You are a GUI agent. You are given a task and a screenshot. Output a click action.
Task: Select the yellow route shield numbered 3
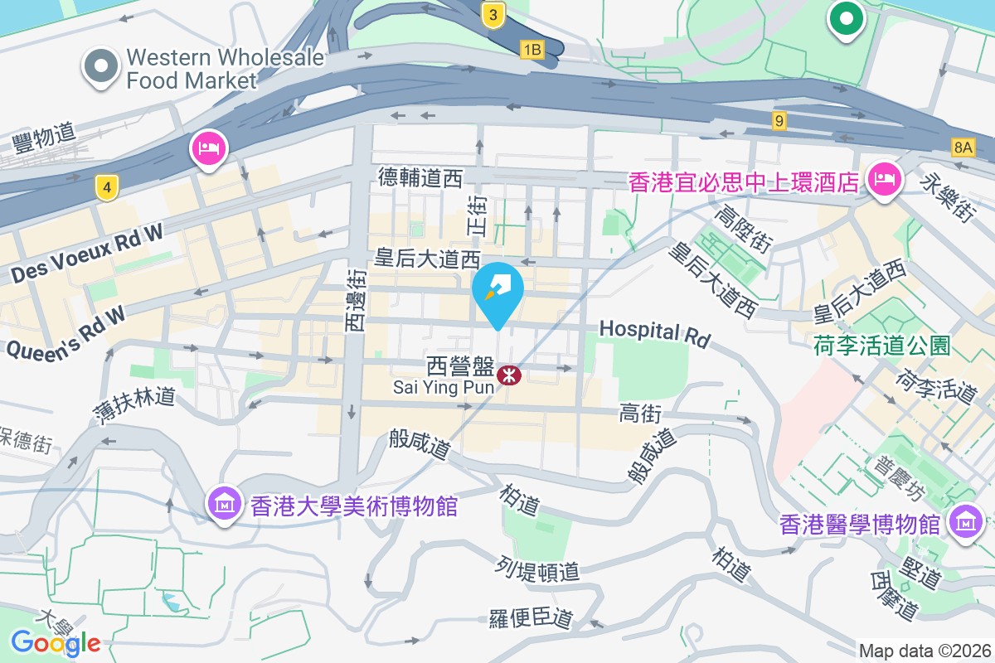click(493, 14)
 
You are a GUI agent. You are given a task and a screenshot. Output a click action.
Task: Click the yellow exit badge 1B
click(531, 51)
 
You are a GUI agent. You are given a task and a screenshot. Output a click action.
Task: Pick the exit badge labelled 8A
click(963, 148)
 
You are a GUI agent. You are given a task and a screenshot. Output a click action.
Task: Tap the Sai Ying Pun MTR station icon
click(508, 376)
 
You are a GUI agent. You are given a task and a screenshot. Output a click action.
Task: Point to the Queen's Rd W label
click(66, 332)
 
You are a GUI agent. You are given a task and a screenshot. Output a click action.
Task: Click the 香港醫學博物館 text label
click(860, 525)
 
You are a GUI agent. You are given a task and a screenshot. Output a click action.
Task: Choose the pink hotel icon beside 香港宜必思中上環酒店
click(884, 179)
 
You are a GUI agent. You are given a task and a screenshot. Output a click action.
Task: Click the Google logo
click(56, 642)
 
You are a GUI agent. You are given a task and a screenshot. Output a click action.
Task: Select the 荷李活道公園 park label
click(881, 345)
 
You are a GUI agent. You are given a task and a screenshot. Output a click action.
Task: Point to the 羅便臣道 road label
click(531, 617)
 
